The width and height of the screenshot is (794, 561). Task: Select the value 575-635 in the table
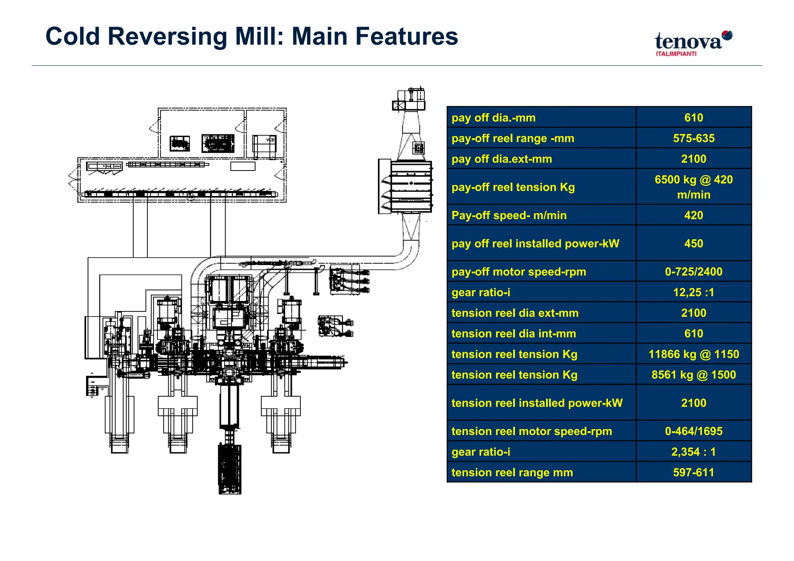tap(694, 138)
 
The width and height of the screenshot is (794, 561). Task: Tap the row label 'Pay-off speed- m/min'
tap(509, 215)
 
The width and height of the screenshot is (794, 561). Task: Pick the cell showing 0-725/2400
tap(694, 272)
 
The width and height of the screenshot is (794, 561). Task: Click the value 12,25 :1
tap(694, 292)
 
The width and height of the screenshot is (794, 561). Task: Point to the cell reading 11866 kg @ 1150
tap(694, 354)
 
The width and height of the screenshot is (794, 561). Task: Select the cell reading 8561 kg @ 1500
tap(694, 375)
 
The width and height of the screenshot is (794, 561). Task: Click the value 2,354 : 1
tap(694, 452)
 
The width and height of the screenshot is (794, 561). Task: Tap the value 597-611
tap(694, 472)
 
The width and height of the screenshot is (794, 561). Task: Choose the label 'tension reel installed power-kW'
tap(537, 403)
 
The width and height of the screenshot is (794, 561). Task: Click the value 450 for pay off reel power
tap(694, 243)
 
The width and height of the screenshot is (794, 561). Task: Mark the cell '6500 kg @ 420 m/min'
tap(694, 187)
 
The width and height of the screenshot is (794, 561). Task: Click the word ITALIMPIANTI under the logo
tap(676, 54)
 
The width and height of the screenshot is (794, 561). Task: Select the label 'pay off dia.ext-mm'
tap(502, 159)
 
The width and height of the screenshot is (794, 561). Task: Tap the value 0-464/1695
tap(694, 431)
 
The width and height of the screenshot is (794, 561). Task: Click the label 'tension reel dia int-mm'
tap(514, 334)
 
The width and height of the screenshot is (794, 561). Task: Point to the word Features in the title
tap(407, 36)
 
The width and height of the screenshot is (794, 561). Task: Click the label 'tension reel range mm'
tap(512, 472)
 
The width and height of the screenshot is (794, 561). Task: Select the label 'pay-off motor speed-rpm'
tap(519, 272)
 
